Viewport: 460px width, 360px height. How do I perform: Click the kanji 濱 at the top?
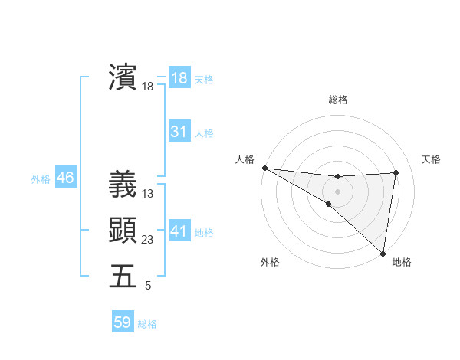point(123,78)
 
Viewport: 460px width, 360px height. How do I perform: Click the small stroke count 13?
point(148,194)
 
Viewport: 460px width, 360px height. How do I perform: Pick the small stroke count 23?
point(148,240)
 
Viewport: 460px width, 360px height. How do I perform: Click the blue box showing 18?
point(179,78)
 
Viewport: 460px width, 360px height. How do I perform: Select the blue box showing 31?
point(179,132)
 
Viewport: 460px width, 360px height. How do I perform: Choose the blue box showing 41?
point(179,231)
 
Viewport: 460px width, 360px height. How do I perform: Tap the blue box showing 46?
point(65,178)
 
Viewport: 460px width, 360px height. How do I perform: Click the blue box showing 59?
point(123,322)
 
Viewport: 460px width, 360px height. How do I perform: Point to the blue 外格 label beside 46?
point(41,179)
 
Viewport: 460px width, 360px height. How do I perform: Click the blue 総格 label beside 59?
point(147,323)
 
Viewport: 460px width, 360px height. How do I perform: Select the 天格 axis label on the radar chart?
point(431,159)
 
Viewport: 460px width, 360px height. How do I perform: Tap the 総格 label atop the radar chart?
point(337,100)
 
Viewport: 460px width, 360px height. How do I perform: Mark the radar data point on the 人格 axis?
point(264,167)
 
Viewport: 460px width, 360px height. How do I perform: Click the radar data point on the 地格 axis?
point(383,253)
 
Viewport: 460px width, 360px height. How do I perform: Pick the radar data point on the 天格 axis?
point(396,172)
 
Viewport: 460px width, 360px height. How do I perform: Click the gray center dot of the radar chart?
point(337,190)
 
